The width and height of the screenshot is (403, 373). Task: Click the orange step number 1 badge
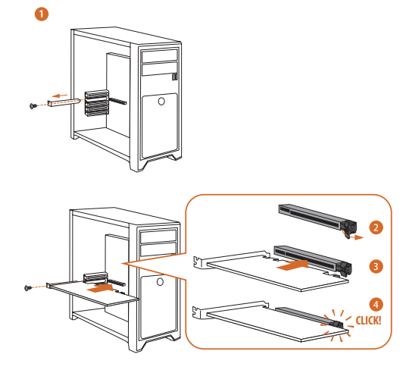(x=42, y=14)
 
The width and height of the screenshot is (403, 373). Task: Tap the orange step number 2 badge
(x=376, y=227)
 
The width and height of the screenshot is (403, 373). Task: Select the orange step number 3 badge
(x=376, y=266)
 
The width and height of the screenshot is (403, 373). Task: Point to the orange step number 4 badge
(x=376, y=305)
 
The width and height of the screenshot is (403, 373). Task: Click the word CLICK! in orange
(x=368, y=321)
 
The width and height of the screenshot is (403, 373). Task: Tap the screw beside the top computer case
(x=33, y=105)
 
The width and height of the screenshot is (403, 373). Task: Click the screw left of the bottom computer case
(x=28, y=287)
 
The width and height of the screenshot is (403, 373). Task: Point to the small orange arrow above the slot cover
(x=60, y=96)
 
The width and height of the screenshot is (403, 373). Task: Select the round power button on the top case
(x=161, y=102)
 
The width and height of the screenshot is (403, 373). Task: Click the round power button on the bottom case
(x=160, y=282)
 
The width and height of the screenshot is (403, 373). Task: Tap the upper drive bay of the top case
(x=160, y=56)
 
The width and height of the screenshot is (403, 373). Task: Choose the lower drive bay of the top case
(x=160, y=69)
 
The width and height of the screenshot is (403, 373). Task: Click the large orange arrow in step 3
(x=292, y=265)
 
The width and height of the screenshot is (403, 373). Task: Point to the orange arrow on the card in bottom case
(x=100, y=289)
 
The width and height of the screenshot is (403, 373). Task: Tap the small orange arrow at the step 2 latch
(x=358, y=237)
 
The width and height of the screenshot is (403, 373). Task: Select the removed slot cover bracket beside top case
(x=63, y=102)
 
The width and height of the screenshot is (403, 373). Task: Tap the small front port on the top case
(x=175, y=77)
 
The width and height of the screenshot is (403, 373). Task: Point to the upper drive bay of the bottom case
(x=158, y=237)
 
